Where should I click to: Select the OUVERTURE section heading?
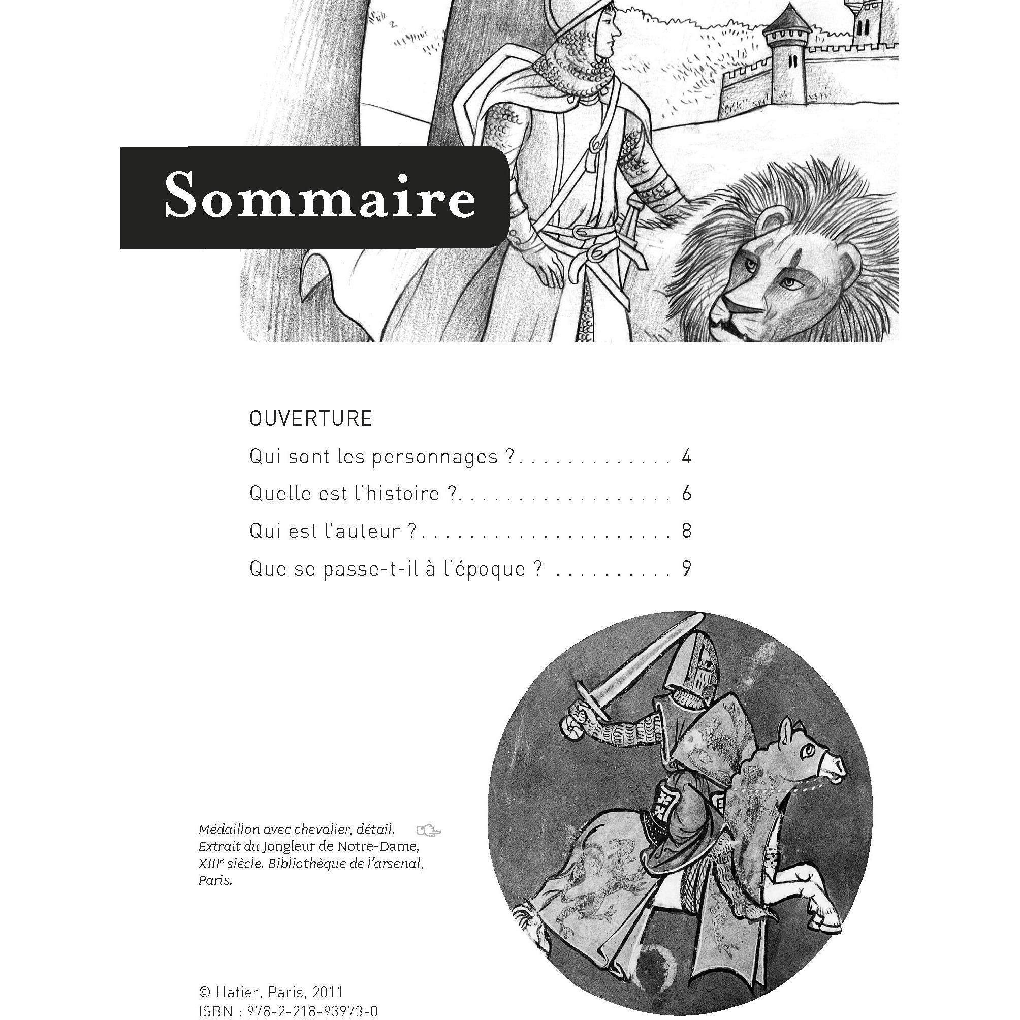tap(311, 419)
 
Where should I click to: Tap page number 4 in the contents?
tap(686, 456)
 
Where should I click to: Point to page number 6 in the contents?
tap(686, 493)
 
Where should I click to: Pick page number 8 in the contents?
tap(686, 531)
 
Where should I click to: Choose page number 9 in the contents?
tap(686, 568)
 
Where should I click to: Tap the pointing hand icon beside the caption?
tap(428, 831)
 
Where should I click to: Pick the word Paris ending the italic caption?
tap(215, 881)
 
